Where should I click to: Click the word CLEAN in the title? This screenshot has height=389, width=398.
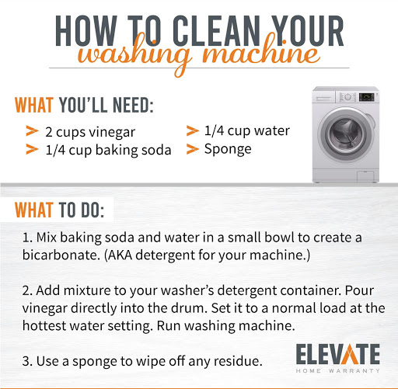pyautogui.click(x=216, y=31)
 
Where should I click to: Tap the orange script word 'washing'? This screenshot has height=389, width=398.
pyautogui.click(x=134, y=55)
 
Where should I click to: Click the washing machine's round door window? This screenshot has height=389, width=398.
pyautogui.click(x=346, y=134)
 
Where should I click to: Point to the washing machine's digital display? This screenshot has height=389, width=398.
pyautogui.click(x=366, y=97)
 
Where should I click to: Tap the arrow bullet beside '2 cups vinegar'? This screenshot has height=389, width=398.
pyautogui.click(x=32, y=131)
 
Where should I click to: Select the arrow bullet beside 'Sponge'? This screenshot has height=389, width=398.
pyautogui.click(x=193, y=149)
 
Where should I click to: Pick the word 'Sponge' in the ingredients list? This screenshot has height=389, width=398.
pyautogui.click(x=228, y=150)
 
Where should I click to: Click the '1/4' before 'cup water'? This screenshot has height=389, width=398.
pyautogui.click(x=214, y=130)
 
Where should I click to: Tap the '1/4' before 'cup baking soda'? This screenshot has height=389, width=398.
pyautogui.click(x=55, y=150)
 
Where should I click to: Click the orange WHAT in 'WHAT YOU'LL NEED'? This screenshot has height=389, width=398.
pyautogui.click(x=34, y=105)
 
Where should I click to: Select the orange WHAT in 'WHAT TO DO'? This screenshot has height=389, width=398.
pyautogui.click(x=34, y=210)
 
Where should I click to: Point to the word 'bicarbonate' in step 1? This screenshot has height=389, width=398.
pyautogui.click(x=61, y=255)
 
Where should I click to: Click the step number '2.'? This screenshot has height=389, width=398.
pyautogui.click(x=27, y=290)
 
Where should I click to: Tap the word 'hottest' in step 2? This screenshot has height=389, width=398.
pyautogui.click(x=44, y=326)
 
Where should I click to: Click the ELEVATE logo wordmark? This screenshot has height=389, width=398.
pyautogui.click(x=338, y=354)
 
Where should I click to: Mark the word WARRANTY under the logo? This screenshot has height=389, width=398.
pyautogui.click(x=354, y=371)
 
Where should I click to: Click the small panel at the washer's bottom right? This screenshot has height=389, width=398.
pyautogui.click(x=365, y=176)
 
